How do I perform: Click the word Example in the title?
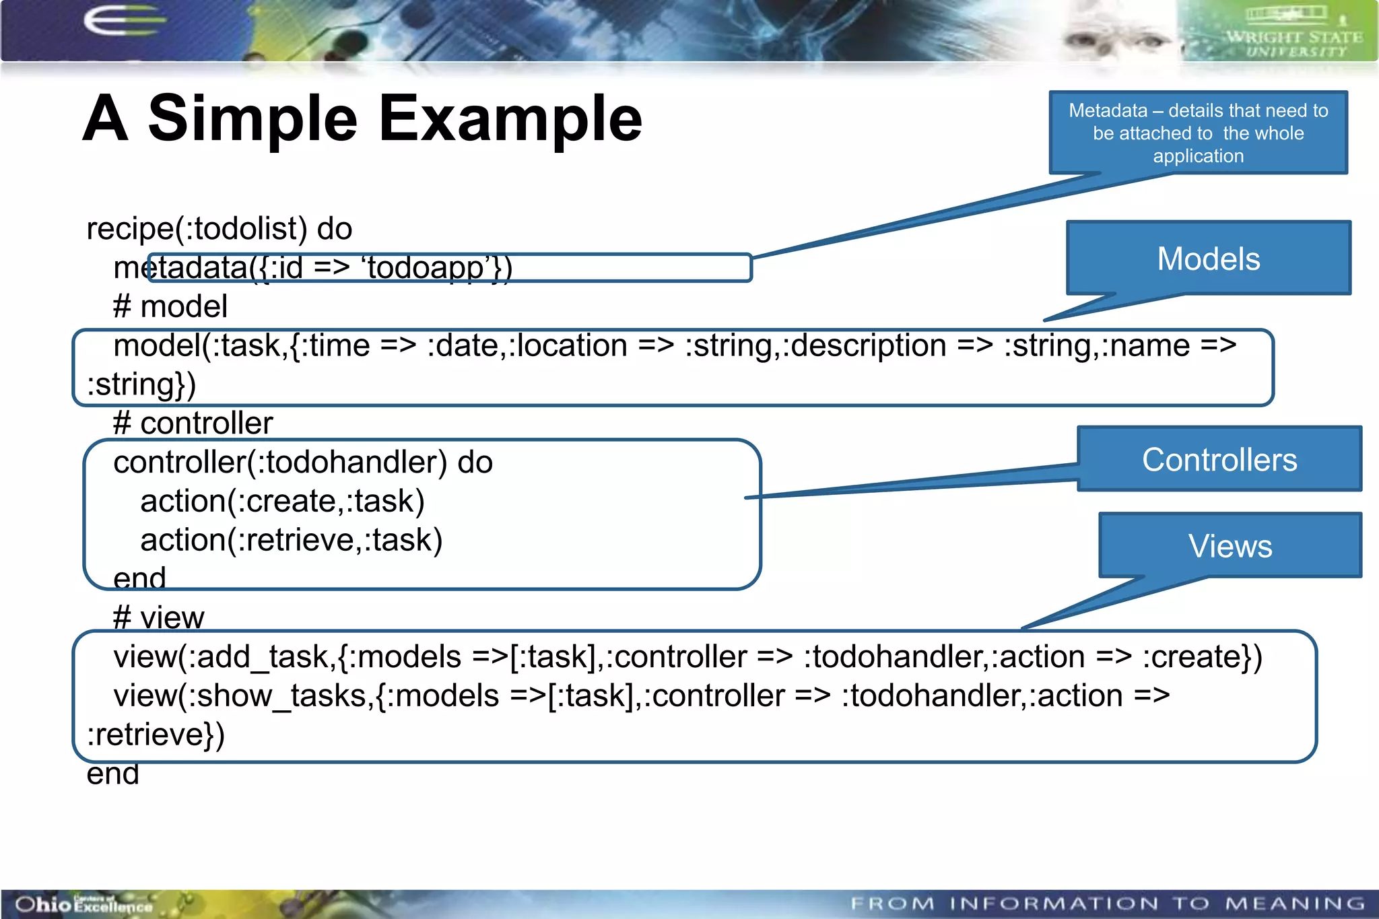pos(510,119)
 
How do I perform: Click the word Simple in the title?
pos(252,119)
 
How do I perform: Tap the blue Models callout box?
pos(1209,259)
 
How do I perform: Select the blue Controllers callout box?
pos(1219,460)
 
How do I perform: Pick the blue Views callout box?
pos(1230,545)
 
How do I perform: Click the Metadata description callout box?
pos(1198,133)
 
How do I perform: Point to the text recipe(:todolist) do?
pos(219,229)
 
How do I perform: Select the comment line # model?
pos(170,307)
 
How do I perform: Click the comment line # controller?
pos(193,423)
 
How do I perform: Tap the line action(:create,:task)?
pos(282,502)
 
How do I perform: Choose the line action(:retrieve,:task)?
pos(291,540)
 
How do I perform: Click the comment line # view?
pos(158,617)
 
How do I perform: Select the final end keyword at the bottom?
pos(112,774)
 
